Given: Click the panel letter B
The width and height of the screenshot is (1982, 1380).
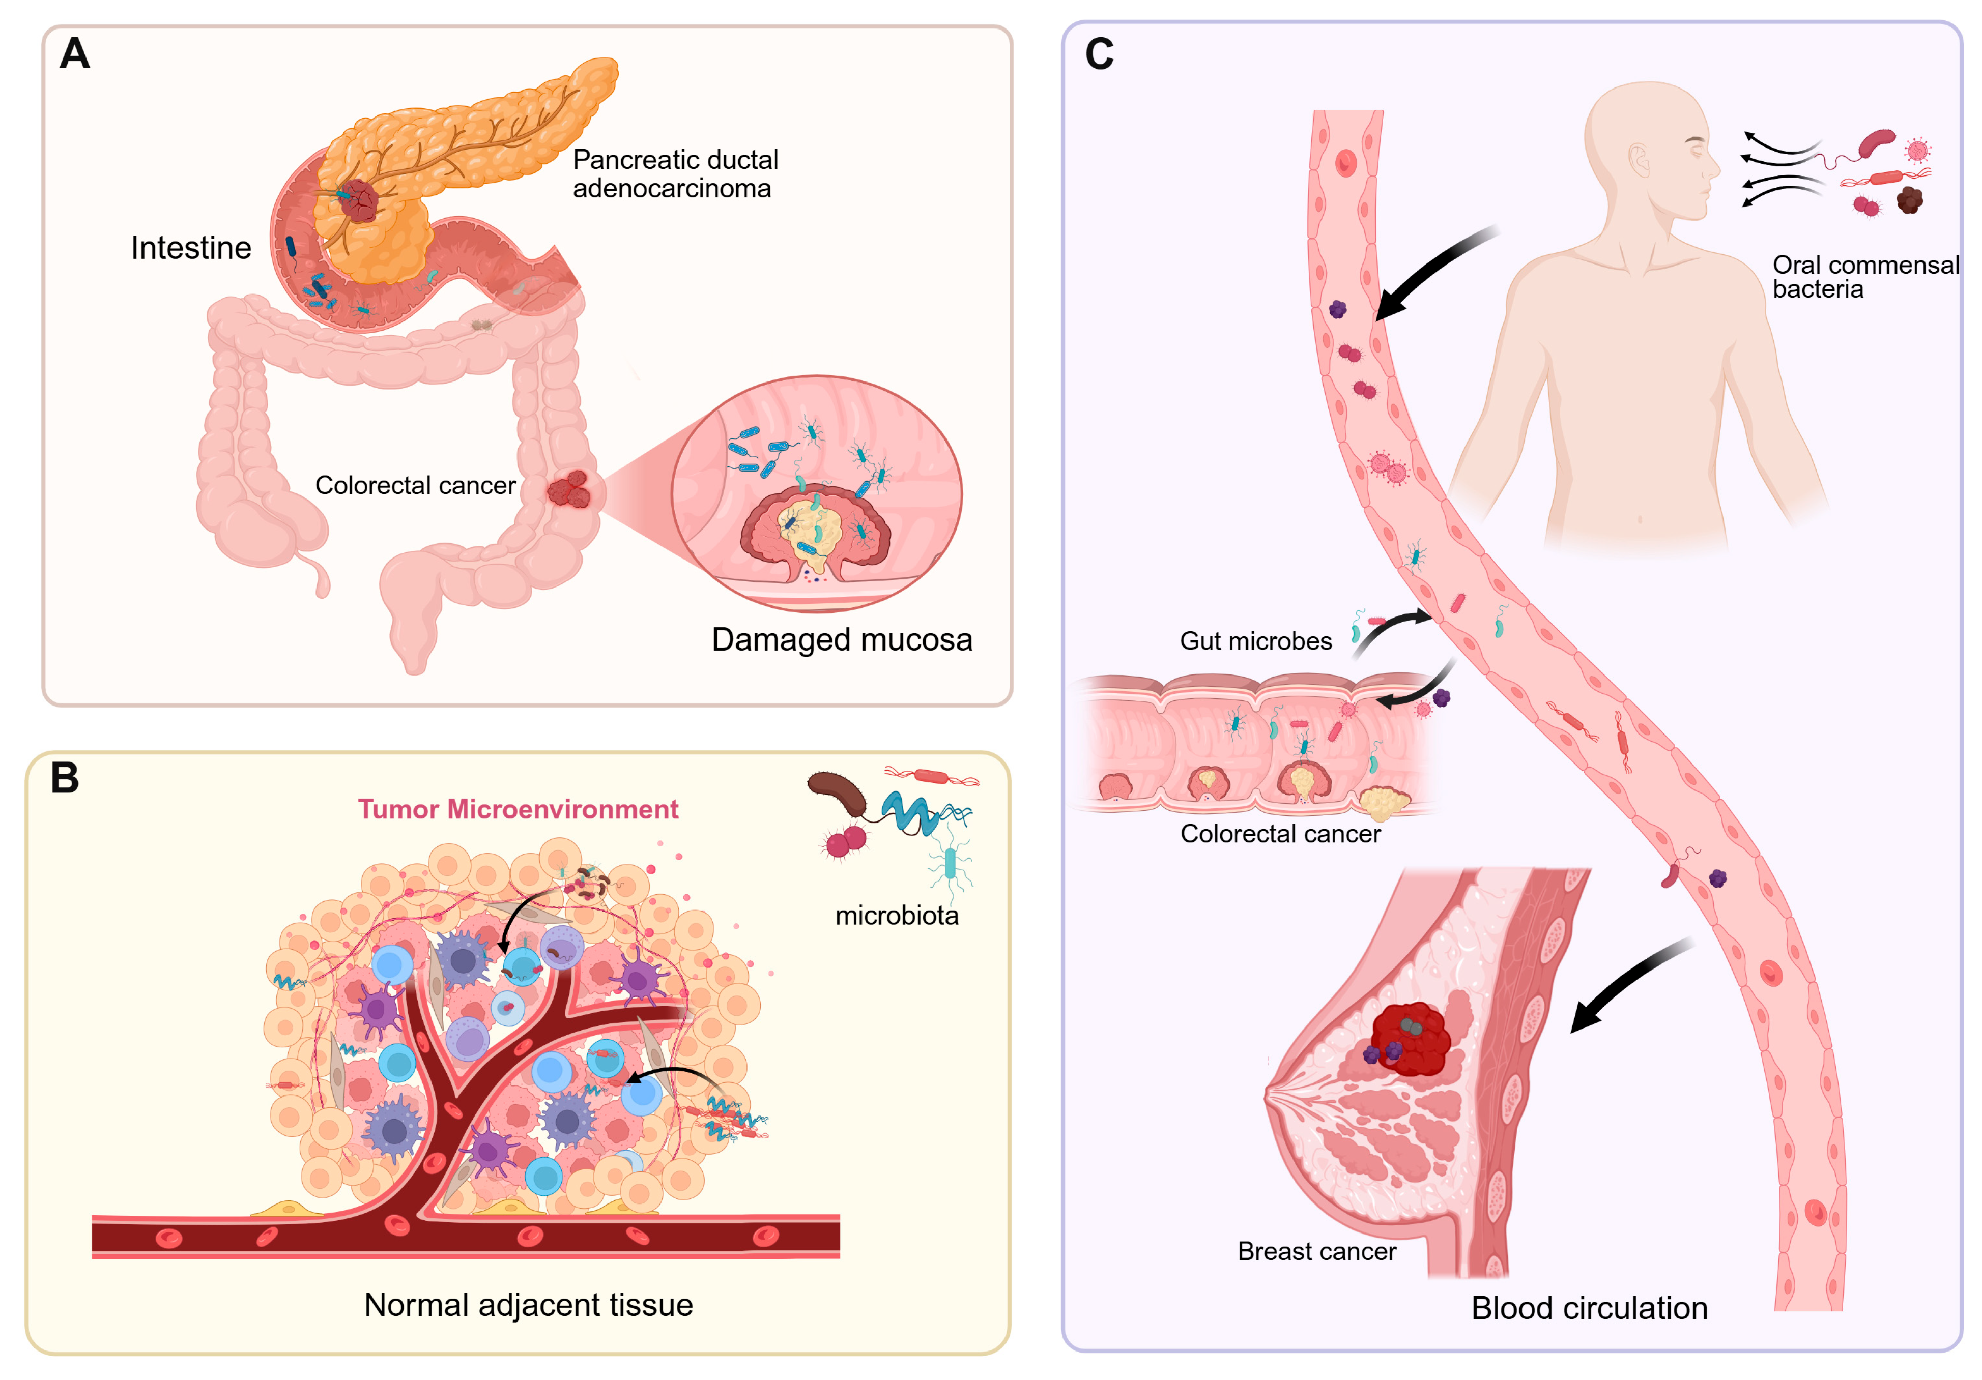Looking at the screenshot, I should click(x=65, y=778).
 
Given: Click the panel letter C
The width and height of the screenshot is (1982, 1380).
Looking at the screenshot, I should click(x=1099, y=54).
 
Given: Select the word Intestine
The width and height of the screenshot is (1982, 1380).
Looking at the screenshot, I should click(x=191, y=248).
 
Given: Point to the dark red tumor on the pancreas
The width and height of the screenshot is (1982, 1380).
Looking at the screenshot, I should click(x=358, y=200).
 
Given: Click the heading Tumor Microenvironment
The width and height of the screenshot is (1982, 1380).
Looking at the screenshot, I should click(x=518, y=809).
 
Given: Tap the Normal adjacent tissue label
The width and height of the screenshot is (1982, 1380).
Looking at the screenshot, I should click(x=528, y=1304).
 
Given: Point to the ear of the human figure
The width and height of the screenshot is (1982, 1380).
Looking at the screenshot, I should click(x=1638, y=160).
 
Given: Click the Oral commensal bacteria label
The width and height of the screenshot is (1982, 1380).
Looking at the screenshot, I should click(x=1864, y=276).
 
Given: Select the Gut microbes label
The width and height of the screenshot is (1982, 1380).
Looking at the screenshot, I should click(x=1255, y=641).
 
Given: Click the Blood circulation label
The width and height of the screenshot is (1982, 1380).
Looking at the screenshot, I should click(x=1588, y=1307).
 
